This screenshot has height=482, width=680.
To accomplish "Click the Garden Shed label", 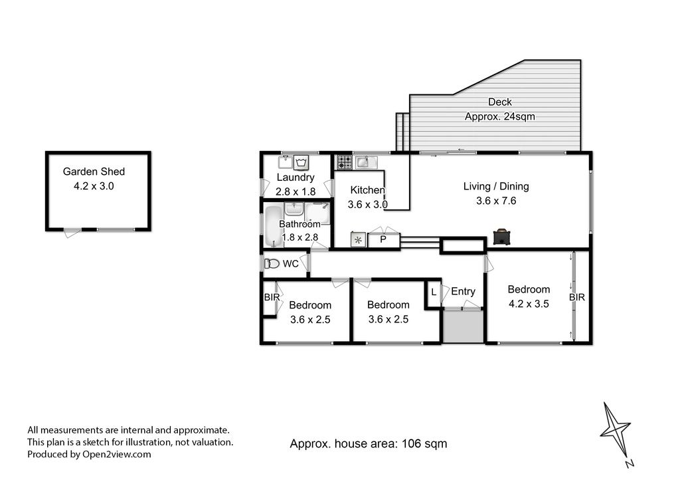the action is coord(94,172).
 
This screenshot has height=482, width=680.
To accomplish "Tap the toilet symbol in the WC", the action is coord(272,263).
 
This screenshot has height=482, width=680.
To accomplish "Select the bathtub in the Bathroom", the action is coord(273,227).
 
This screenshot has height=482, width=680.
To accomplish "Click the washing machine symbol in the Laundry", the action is coord(301,163).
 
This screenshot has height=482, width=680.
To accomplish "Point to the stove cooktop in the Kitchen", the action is coord(345,162).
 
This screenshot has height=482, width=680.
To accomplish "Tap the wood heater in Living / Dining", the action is coord(502,237).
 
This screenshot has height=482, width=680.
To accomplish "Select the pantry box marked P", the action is coord(383,239).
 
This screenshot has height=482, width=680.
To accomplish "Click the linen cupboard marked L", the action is coord(434,292).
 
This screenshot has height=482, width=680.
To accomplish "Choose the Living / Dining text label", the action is coord(496,186).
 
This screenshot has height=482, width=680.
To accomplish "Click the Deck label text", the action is coord(500,102).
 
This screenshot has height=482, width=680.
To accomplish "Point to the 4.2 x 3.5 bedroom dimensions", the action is coord(529,304).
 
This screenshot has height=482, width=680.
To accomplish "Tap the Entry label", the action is coord(463,291).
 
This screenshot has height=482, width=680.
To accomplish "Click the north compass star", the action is coord(614,430).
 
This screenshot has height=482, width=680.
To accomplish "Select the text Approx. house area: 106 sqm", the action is coord(368,444).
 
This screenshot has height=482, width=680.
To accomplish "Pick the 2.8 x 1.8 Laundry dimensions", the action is coord(296,191).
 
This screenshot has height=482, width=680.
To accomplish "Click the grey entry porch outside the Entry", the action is coord(463,326).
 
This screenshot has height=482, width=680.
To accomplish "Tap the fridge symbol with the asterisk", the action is coord(358,240).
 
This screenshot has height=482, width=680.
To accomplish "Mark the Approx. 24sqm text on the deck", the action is coord(499,116).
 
